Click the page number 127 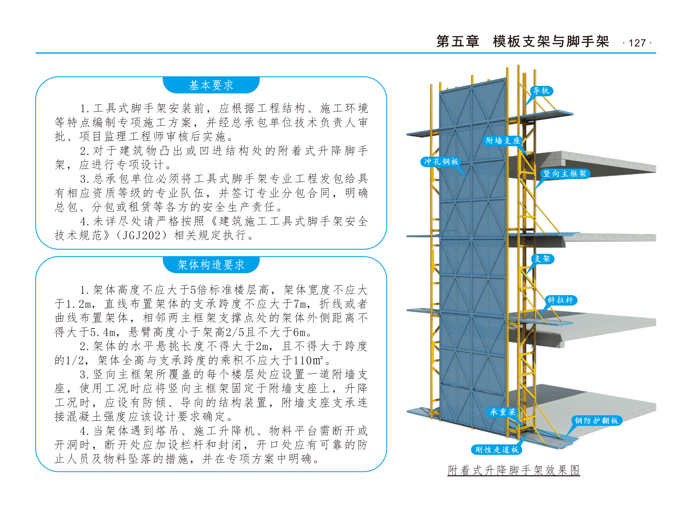coord(637,43)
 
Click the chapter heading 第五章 coord(458,41)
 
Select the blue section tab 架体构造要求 coord(211,265)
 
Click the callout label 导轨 coord(541,91)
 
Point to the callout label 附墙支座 coord(503,141)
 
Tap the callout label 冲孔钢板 coord(441,161)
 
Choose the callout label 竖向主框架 coord(565,173)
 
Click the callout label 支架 coord(542,259)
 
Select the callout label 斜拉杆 coord(561,300)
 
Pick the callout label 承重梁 coord(503,412)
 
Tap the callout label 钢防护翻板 coord(596,421)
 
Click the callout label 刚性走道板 coord(497,450)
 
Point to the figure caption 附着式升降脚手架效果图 coord(514,470)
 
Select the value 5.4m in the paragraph coord(103,332)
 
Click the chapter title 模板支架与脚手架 coord(551,41)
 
